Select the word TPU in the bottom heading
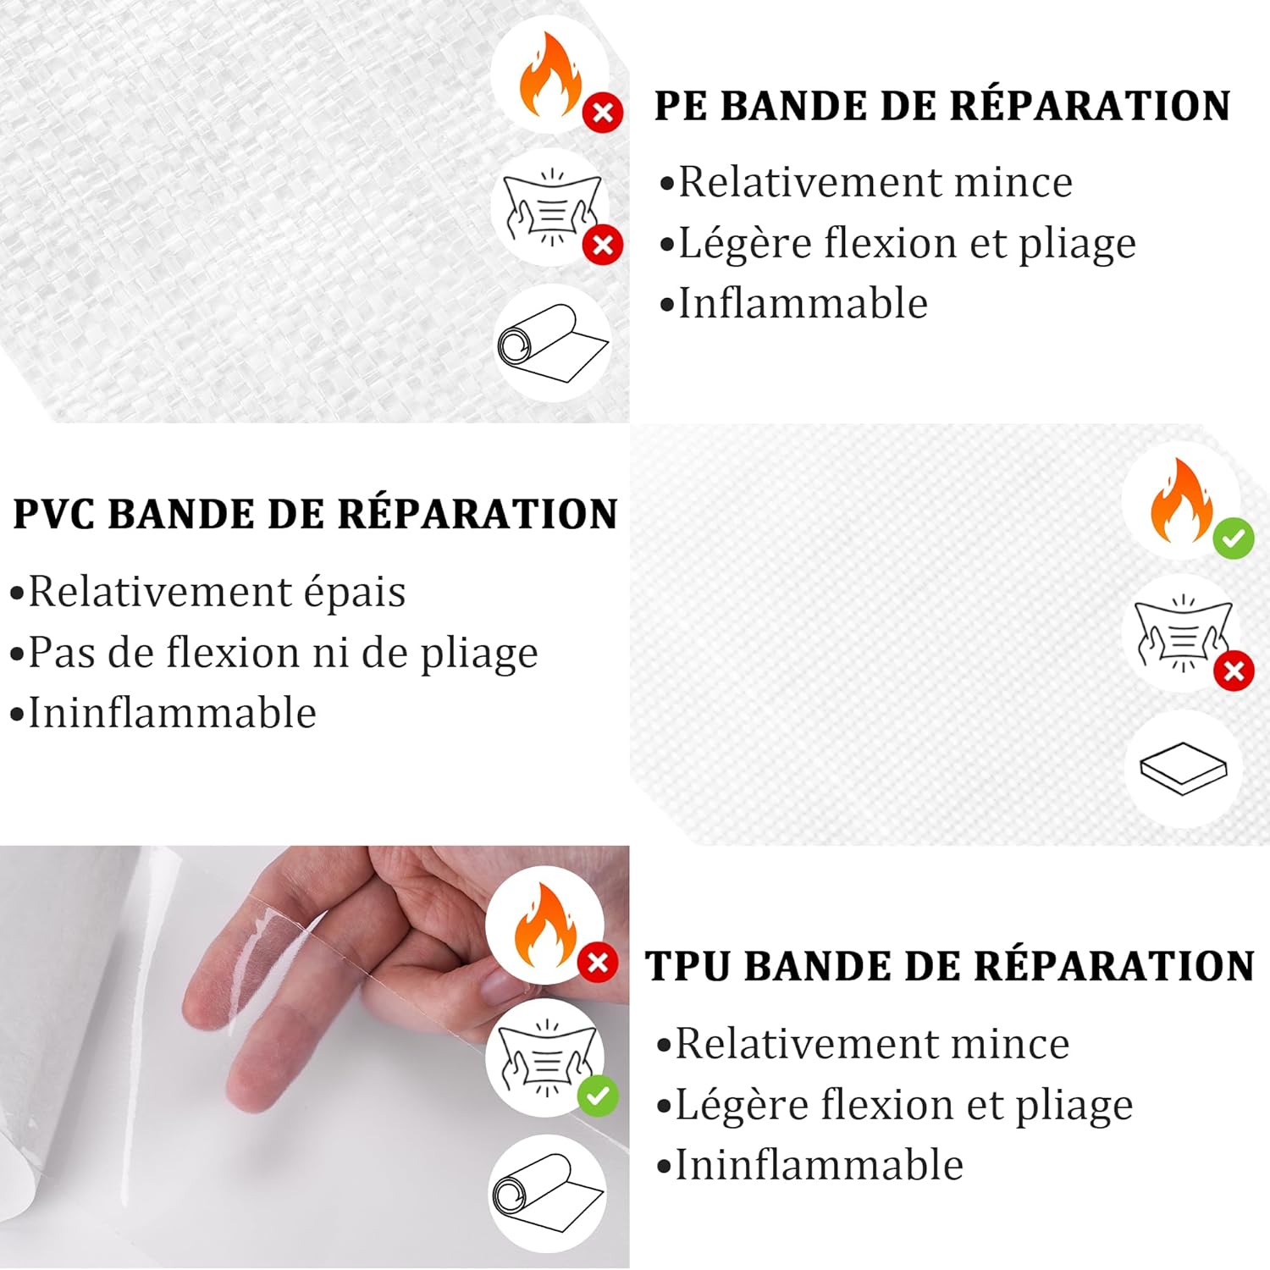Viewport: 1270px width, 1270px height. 687,967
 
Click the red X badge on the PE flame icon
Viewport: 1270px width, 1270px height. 603,112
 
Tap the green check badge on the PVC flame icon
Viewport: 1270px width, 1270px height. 1233,538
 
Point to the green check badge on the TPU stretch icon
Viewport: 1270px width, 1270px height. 598,1096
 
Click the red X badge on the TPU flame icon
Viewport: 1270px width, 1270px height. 598,963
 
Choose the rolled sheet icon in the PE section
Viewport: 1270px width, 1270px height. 552,344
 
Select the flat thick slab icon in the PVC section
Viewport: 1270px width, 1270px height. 1183,769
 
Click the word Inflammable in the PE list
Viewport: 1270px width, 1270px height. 803,304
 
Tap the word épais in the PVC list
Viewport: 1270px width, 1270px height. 355,593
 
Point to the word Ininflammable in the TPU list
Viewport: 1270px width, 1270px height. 819,1166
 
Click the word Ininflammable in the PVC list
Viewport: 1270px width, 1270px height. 173,714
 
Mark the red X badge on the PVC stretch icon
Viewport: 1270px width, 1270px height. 1234,671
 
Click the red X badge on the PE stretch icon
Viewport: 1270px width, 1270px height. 603,246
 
